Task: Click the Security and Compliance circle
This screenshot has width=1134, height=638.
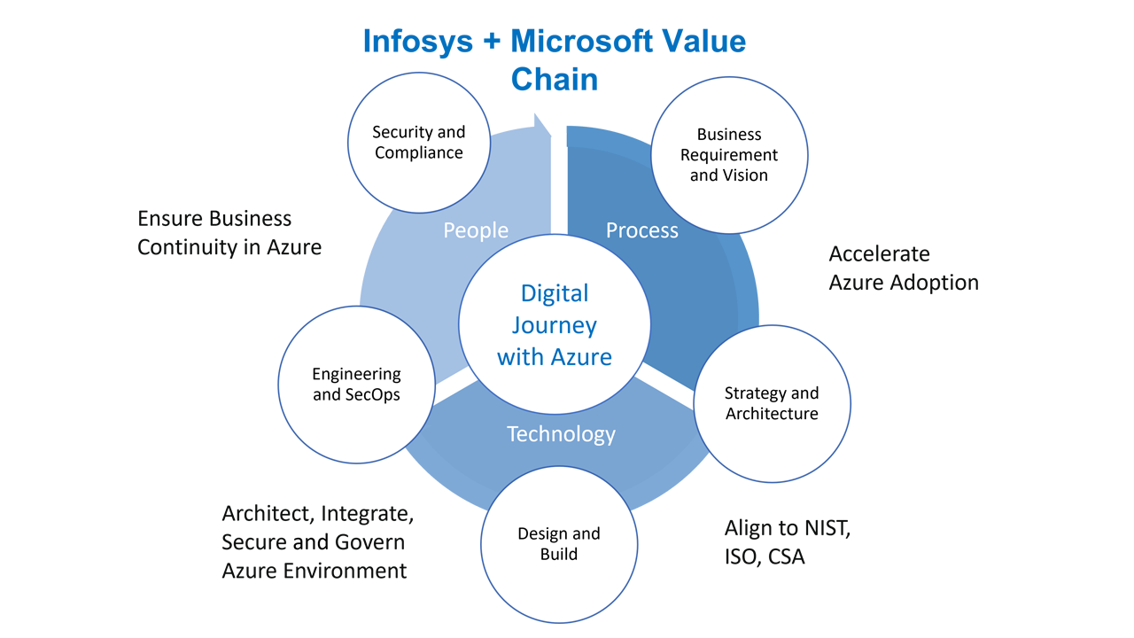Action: tap(418, 143)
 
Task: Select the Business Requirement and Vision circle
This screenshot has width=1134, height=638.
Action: tap(728, 154)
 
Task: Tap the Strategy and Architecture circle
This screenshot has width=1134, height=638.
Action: tap(772, 403)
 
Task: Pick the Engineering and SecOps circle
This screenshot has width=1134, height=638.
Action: tap(356, 385)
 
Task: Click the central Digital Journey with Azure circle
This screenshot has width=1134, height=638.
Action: tap(555, 324)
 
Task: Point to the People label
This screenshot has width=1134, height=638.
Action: tap(476, 230)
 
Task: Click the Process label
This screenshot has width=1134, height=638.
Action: tap(641, 230)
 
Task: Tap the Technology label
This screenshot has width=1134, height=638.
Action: tap(561, 434)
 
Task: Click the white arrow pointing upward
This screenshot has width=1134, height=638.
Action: tap(557, 177)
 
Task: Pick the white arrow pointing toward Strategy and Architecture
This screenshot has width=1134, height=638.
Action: tap(664, 387)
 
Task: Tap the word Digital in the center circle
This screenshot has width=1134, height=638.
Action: tap(555, 293)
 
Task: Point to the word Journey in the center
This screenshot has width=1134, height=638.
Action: tap(555, 325)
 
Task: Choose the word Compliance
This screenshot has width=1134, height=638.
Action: tap(418, 152)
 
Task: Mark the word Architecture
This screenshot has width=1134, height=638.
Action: tap(772, 414)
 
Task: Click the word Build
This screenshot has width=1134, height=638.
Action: tap(559, 554)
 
